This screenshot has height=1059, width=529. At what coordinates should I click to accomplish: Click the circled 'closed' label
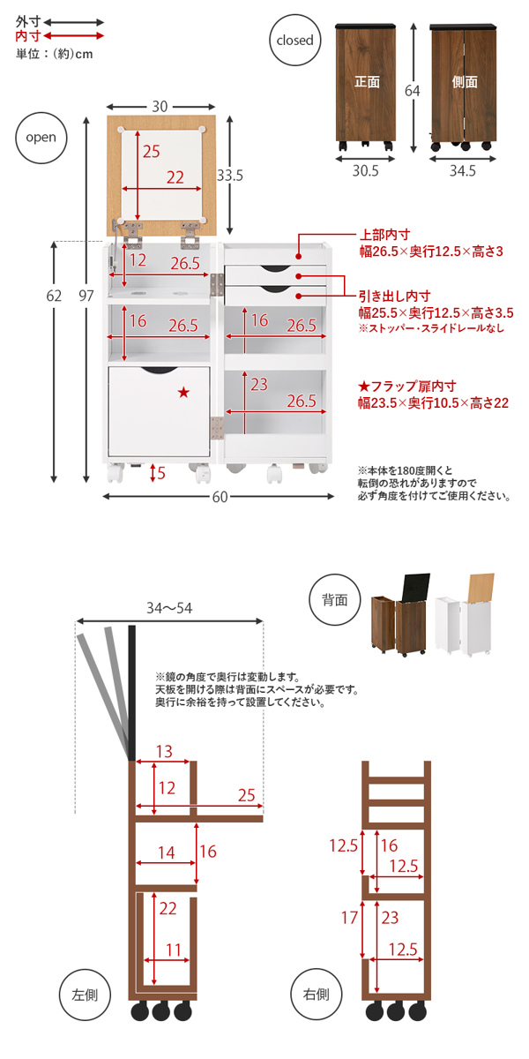coord(294,41)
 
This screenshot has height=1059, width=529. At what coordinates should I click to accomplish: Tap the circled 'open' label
coord(41,138)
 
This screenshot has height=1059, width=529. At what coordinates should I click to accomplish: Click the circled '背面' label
coord(334,600)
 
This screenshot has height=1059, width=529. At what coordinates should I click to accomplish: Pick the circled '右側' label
coord(316,995)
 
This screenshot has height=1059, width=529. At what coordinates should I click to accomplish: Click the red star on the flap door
coord(183,393)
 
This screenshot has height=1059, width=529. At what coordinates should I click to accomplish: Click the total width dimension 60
coord(219,498)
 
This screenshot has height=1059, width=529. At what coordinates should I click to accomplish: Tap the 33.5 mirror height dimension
coord(231,176)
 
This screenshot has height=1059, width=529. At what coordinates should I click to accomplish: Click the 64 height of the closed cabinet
coord(411,91)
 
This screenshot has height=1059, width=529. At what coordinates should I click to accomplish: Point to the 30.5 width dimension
coord(364,171)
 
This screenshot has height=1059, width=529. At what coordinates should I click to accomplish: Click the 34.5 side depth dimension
coord(462,171)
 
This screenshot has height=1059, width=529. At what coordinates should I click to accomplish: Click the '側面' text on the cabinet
coord(465,82)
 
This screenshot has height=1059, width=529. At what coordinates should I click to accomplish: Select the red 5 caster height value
coord(160,474)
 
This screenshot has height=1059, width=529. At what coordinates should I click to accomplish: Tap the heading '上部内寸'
coord(384,237)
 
